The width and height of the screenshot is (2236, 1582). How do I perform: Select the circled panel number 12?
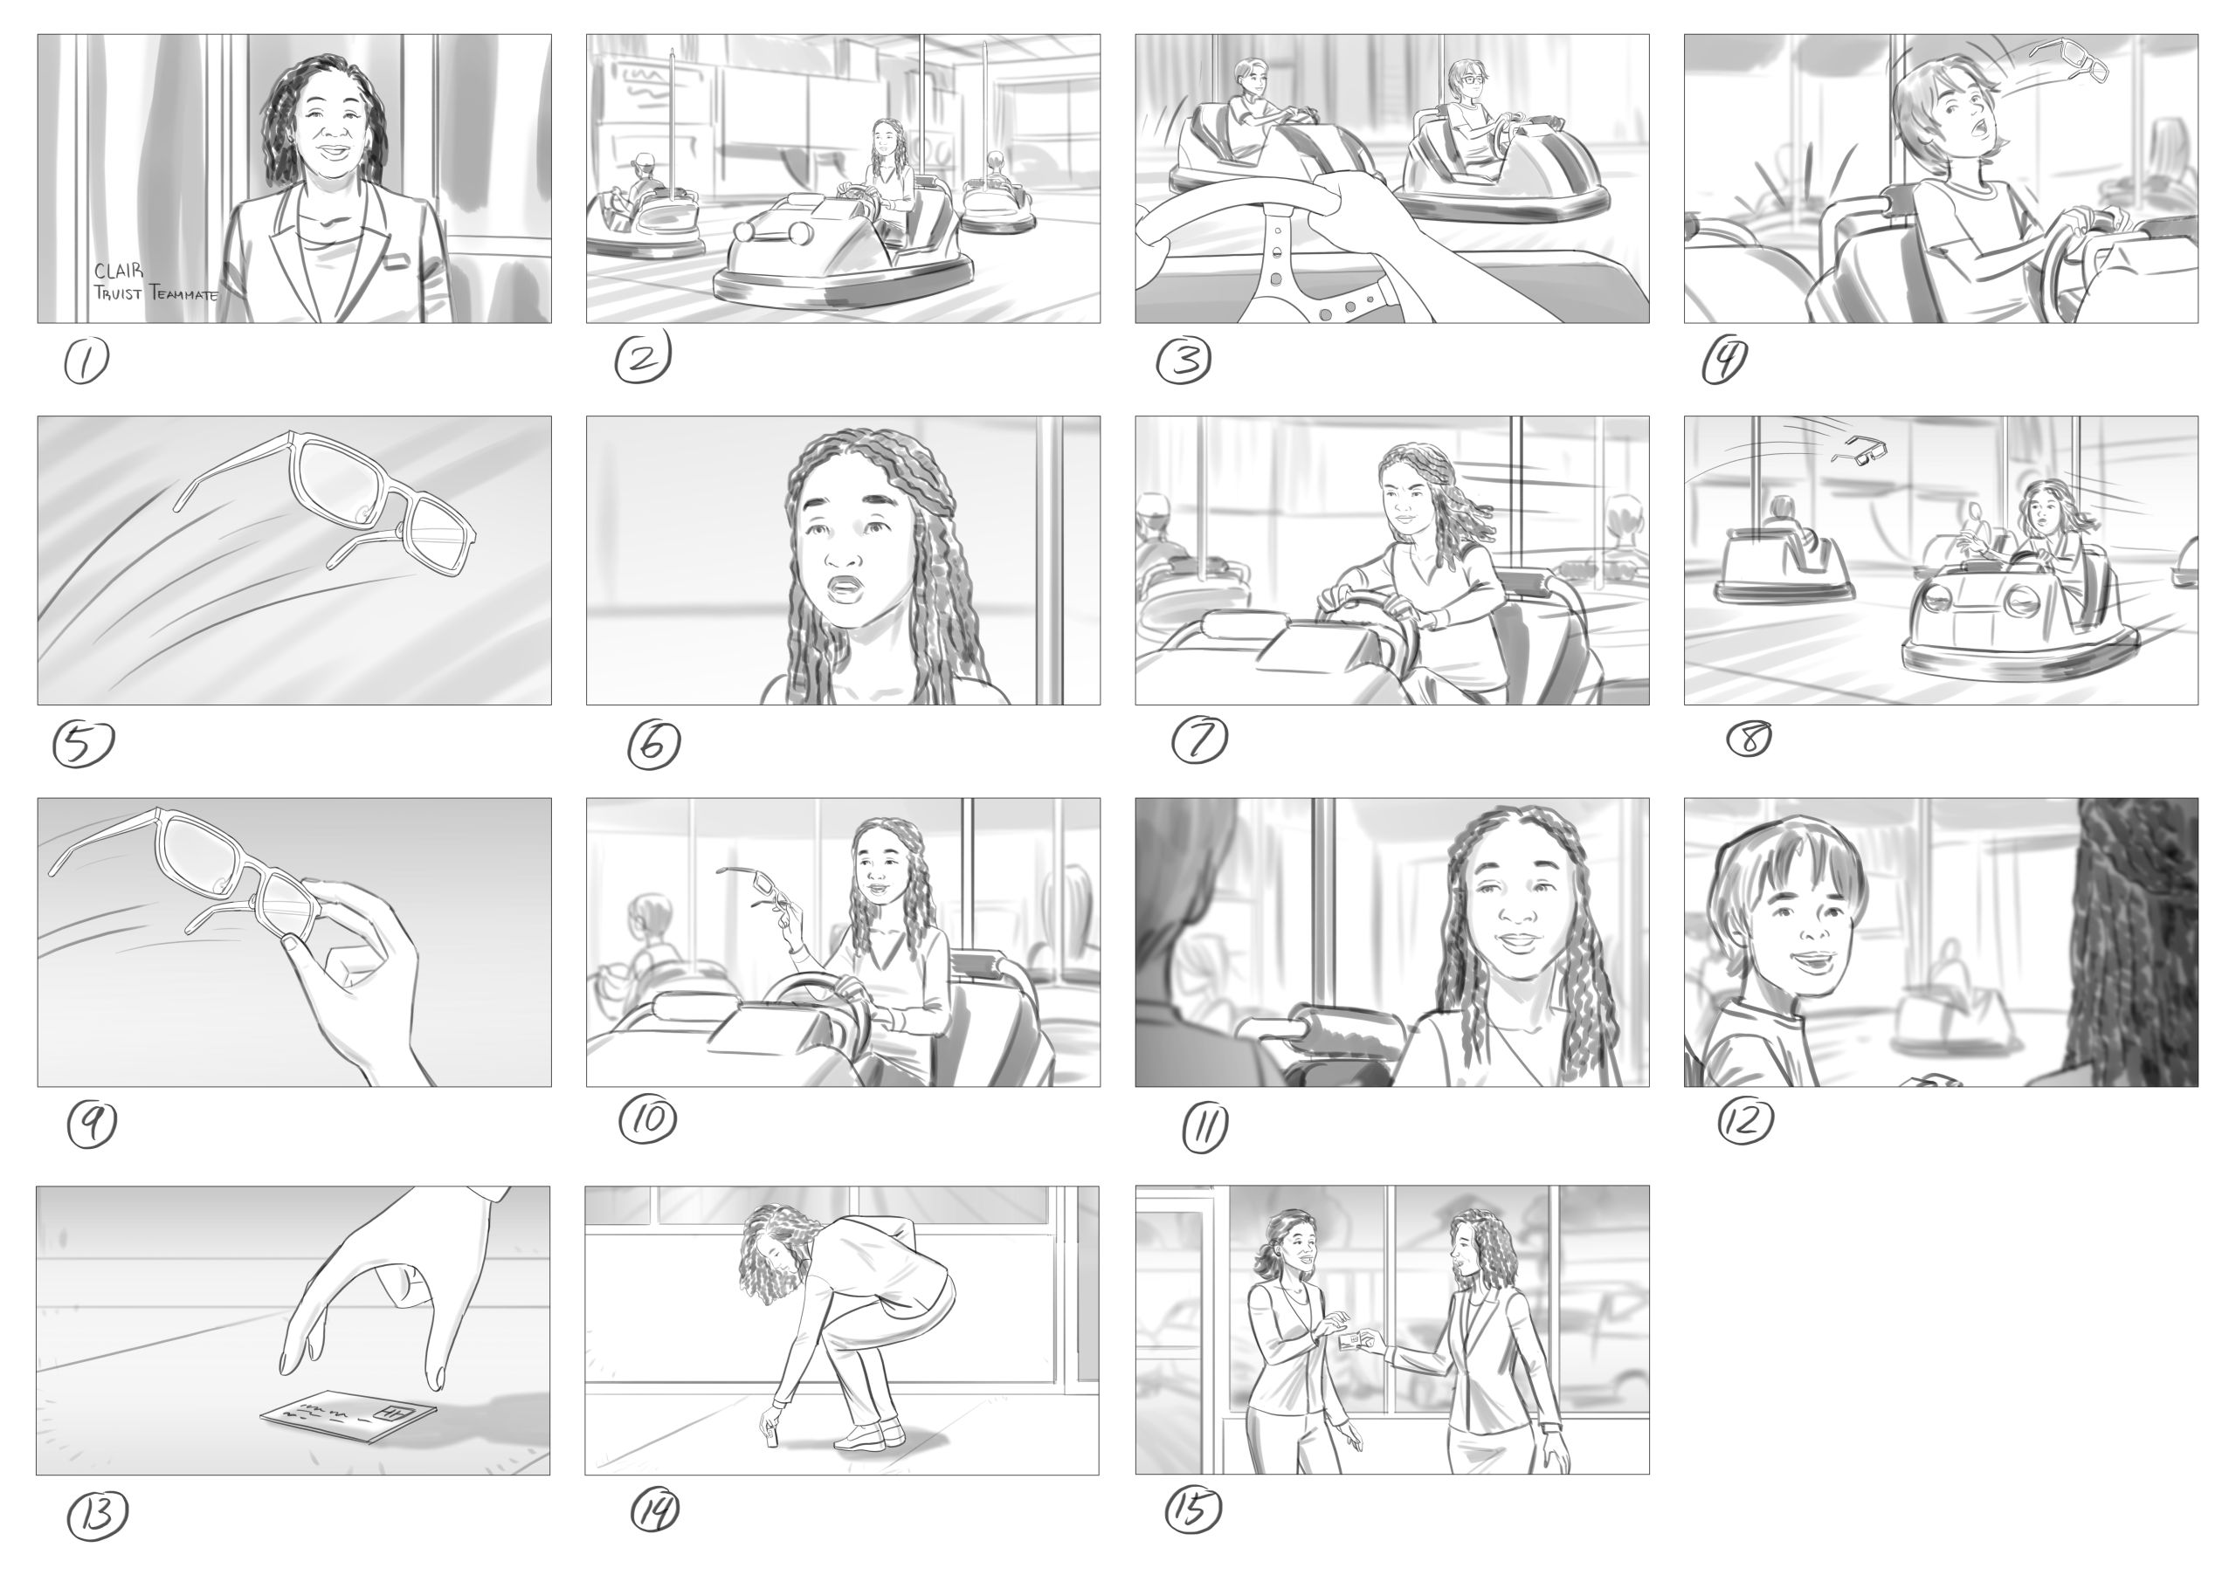tap(1745, 1121)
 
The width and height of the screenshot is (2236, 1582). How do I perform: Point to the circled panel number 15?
tap(1192, 1509)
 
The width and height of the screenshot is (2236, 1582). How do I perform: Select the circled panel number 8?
tap(1749, 740)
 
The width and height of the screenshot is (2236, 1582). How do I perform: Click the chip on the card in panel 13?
tap(396, 1412)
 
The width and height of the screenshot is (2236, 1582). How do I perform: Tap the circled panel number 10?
tap(648, 1121)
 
